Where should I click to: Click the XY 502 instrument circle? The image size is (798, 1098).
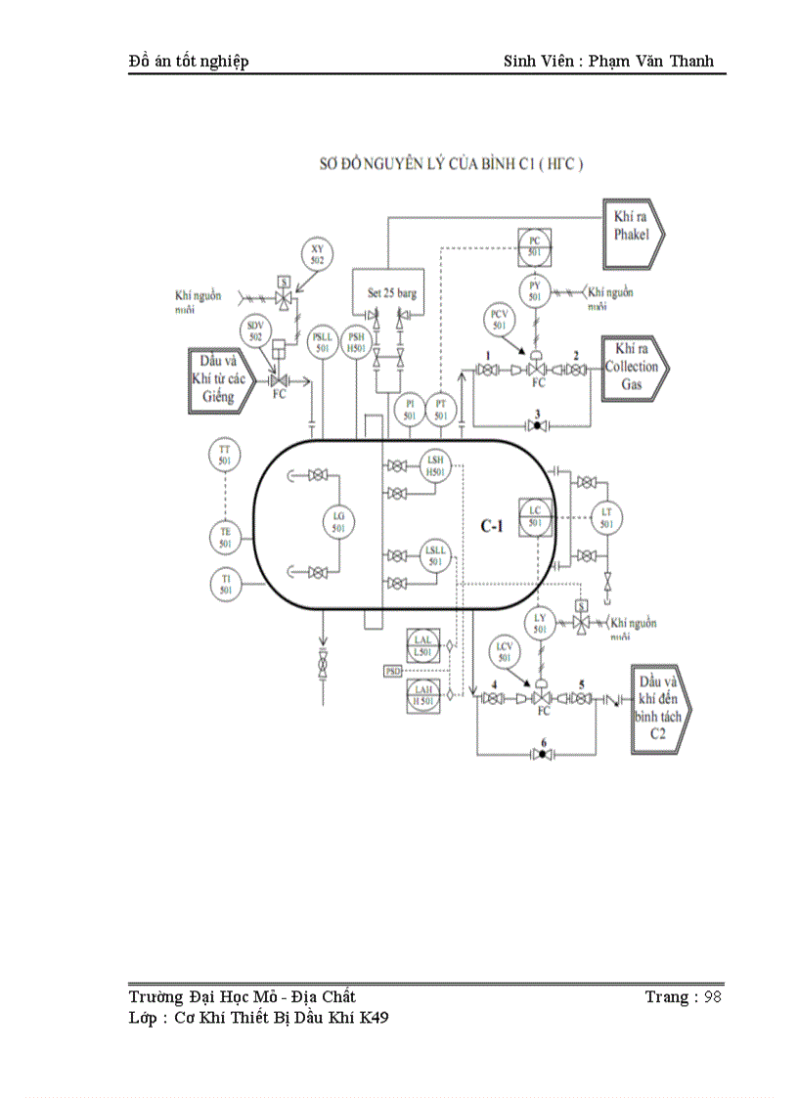pos(317,254)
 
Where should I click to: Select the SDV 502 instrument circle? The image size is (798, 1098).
pos(255,330)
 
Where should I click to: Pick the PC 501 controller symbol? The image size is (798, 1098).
pos(535,245)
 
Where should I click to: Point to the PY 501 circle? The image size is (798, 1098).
pos(535,290)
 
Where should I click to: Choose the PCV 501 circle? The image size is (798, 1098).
pos(500,319)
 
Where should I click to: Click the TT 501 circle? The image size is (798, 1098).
pos(225,454)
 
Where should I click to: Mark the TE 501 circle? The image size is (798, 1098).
pos(225,537)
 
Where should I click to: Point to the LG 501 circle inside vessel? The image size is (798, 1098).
pos(339,522)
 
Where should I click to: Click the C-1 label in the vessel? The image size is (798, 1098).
pos(491,526)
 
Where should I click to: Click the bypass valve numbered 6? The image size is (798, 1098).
pos(543,755)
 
